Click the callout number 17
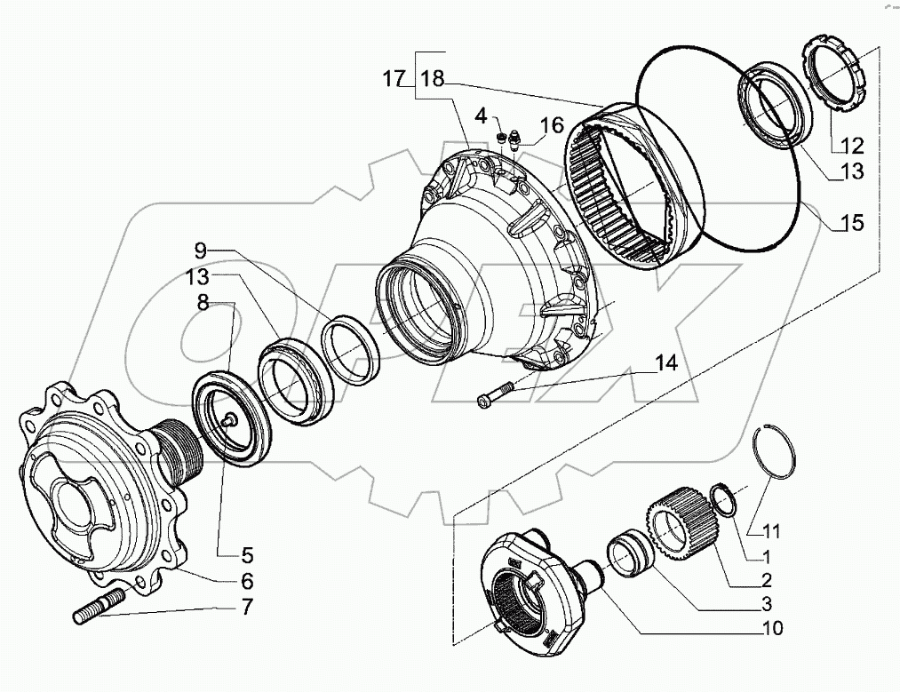coord(394,79)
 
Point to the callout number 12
coord(851,145)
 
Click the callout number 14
coord(665,362)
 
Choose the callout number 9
coord(201,251)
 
